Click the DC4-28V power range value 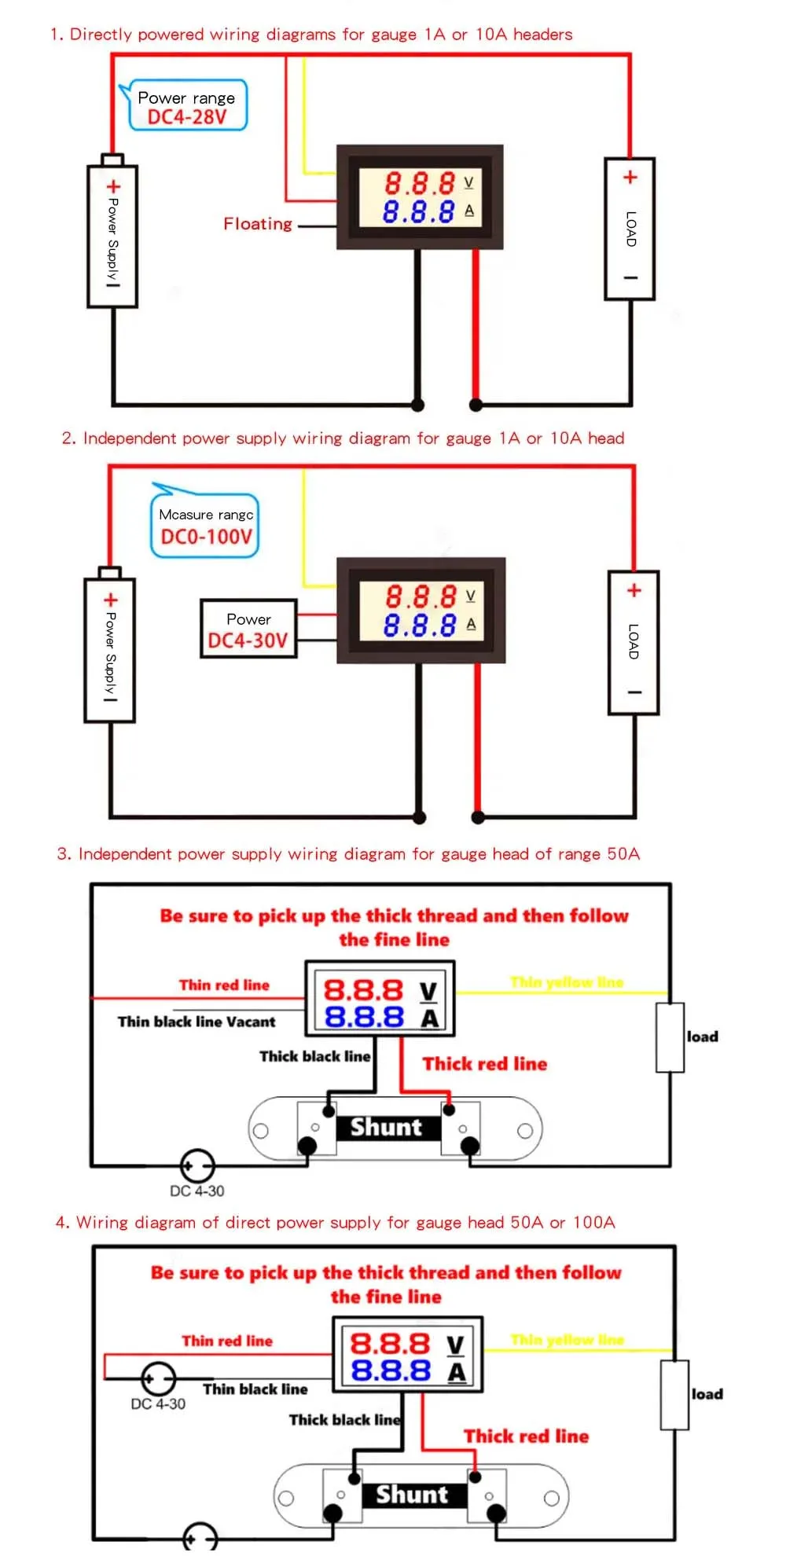pos(187,117)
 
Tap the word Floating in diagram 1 pos(258,224)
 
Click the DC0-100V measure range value pos(207,537)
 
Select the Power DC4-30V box pos(248,629)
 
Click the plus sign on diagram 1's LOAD pos(630,178)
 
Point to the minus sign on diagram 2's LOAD pos(634,692)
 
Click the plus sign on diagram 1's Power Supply pos(113,187)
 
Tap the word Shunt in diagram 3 pos(386,1127)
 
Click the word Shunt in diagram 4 pos(412,1494)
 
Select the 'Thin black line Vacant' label pos(196,1022)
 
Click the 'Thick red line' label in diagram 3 pos(485,1064)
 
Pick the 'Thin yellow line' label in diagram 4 pos(567,1340)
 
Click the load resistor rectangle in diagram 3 pos(670,1037)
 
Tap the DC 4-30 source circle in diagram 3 pos(196,1166)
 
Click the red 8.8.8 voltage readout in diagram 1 pos(420,184)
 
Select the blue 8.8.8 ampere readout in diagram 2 pos(420,626)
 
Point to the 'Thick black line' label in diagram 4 pos(344,1419)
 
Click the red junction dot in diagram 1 pos(476,405)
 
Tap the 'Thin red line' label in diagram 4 pos(227,1341)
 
